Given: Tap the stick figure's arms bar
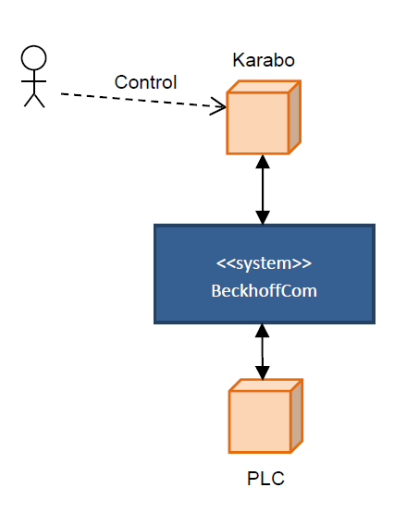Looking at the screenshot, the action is tap(34, 81).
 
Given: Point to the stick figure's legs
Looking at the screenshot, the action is tap(34, 100).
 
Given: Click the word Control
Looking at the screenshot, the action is tap(145, 82).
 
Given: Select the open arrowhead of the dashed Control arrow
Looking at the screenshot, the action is tap(218, 106).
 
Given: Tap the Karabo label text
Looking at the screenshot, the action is tap(264, 60).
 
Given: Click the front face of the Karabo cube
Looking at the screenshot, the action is tap(257, 123).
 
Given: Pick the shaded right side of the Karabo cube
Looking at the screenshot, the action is tap(295, 117).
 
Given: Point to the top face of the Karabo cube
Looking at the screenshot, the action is tap(264, 86).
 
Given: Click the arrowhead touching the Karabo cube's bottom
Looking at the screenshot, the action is tap(263, 162).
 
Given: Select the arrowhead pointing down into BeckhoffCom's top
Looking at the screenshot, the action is tap(263, 217).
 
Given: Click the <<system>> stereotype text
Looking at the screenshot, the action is tap(264, 263).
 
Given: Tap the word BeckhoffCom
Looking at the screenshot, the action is tap(264, 290).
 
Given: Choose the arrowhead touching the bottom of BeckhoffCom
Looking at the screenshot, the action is tap(263, 331).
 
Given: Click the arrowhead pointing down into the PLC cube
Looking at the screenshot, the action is tap(263, 372).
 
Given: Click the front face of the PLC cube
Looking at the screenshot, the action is tap(260, 421).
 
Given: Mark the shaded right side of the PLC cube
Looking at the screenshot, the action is tap(297, 416).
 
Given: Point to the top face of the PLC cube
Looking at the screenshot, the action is tap(265, 385).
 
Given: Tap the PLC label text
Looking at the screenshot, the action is tap(265, 478).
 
